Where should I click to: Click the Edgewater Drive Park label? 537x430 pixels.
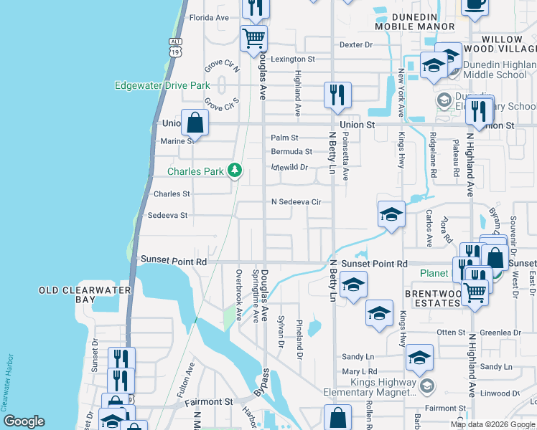[x=162, y=86]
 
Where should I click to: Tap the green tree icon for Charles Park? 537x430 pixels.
[x=234, y=171]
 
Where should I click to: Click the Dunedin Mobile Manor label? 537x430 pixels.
[x=414, y=21]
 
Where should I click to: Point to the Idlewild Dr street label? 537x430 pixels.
[x=289, y=168]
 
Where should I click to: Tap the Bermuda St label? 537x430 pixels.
[x=291, y=152]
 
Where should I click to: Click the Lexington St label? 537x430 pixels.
[x=292, y=59]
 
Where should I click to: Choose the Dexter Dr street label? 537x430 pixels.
[x=357, y=44]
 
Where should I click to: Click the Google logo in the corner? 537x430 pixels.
[x=24, y=421]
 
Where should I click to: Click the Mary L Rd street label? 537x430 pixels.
[x=360, y=371]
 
